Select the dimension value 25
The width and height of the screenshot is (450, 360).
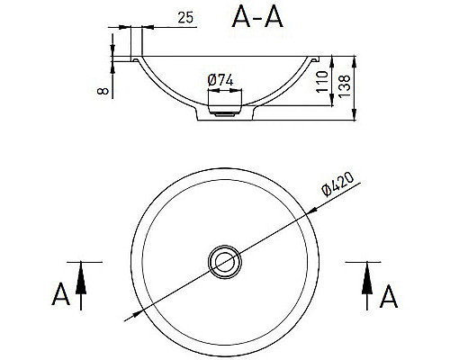point(186,18)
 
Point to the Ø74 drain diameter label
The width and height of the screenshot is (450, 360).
point(220,80)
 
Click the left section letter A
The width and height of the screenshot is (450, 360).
point(60,294)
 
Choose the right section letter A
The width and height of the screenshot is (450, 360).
point(390,294)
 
